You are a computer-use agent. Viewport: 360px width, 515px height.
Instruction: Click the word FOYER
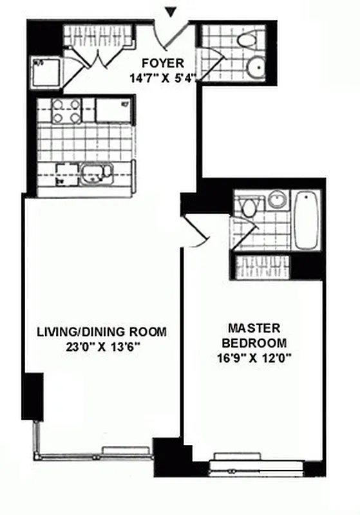coord(163,63)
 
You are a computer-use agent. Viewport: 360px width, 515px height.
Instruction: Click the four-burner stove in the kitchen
coord(66,111)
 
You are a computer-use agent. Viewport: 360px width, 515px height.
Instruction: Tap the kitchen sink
coord(97,173)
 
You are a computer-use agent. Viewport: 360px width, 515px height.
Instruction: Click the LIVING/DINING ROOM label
coord(101,332)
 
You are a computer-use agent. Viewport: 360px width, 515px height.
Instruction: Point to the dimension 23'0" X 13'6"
coord(101,348)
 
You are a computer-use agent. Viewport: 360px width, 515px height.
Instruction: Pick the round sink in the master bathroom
coord(278,200)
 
